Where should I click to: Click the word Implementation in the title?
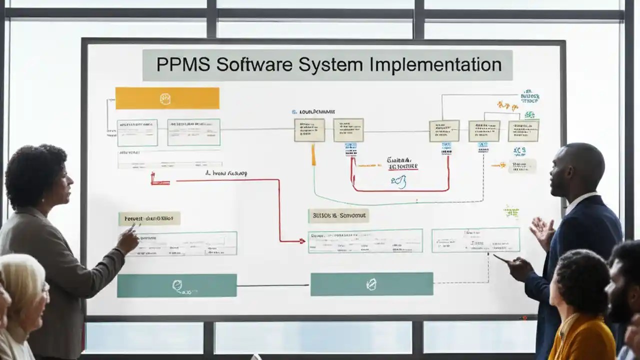tap(436, 65)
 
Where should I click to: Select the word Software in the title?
tap(255, 65)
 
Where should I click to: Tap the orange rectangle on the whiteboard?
tap(167, 98)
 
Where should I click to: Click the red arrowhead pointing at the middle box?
tap(301, 241)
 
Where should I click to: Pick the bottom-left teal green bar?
tap(176, 285)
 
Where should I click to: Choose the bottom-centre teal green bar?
tap(371, 284)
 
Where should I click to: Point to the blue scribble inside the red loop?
tap(398, 182)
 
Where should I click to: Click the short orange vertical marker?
tap(313, 154)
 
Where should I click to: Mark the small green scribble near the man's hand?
tap(511, 211)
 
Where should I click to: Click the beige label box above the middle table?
tap(338, 215)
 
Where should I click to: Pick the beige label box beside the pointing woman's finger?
tap(149, 218)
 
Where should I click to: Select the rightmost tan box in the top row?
tap(523, 130)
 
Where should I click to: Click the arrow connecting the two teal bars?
tap(273, 285)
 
